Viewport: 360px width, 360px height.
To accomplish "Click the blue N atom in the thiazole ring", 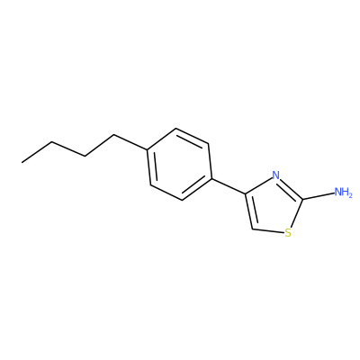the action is coord(275,175).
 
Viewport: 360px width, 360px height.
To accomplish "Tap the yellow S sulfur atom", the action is coord(288,233).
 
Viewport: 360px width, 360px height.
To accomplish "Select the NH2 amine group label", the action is coord(343,192).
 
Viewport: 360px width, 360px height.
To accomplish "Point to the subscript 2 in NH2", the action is coord(350,194).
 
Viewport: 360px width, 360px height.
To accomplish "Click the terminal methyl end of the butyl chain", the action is coord(22,163).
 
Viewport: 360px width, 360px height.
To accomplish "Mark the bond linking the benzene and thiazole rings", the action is coord(229,186).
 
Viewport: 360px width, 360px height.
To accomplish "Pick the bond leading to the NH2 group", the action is coord(319,196).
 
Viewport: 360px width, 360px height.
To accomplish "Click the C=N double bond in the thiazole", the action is coord(291,189).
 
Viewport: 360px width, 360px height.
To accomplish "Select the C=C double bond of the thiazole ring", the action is coord(249,211).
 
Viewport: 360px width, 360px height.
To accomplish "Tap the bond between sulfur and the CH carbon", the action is coord(268,231).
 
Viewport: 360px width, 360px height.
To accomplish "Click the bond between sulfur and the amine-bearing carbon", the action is coord(297,212).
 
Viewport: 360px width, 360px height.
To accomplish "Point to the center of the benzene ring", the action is coord(179,165).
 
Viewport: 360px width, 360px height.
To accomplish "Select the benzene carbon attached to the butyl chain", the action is coord(147,149).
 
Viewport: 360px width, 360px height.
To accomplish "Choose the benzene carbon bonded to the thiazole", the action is coord(211,178).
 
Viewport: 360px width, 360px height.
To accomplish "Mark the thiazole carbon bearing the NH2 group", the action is coord(302,199).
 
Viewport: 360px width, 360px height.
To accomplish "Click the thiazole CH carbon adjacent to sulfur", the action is coord(253,229).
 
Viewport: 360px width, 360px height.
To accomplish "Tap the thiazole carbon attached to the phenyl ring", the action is coord(246,194).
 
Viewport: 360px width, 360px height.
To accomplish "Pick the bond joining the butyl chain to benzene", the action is coord(130,142).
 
